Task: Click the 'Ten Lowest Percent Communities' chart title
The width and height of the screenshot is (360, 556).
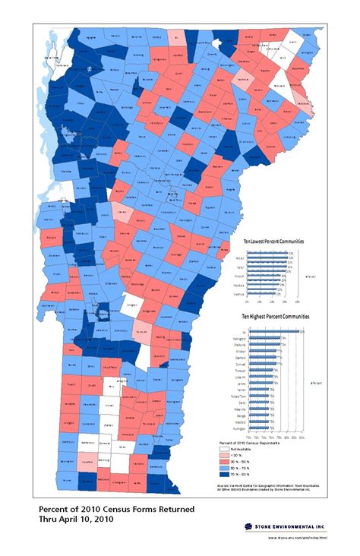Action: pos(273,241)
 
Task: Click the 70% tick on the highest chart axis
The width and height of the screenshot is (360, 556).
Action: pos(248,438)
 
